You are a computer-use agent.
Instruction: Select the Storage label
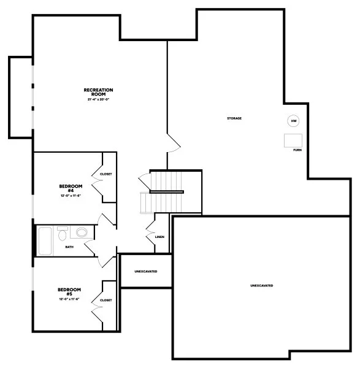tap(234, 118)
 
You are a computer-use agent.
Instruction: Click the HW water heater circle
tap(294, 120)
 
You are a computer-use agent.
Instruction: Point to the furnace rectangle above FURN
tap(293, 140)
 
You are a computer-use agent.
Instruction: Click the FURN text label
tap(297, 150)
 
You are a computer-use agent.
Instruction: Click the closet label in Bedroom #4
tap(105, 174)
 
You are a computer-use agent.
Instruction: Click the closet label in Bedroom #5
tap(105, 300)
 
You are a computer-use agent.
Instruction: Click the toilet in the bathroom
tap(81, 232)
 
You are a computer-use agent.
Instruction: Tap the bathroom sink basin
tap(63, 234)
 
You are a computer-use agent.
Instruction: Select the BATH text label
tap(69, 247)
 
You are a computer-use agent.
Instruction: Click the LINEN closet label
tap(159, 236)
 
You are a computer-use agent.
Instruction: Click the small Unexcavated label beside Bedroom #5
tap(145, 270)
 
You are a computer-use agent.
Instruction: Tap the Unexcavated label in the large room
tap(261, 286)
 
